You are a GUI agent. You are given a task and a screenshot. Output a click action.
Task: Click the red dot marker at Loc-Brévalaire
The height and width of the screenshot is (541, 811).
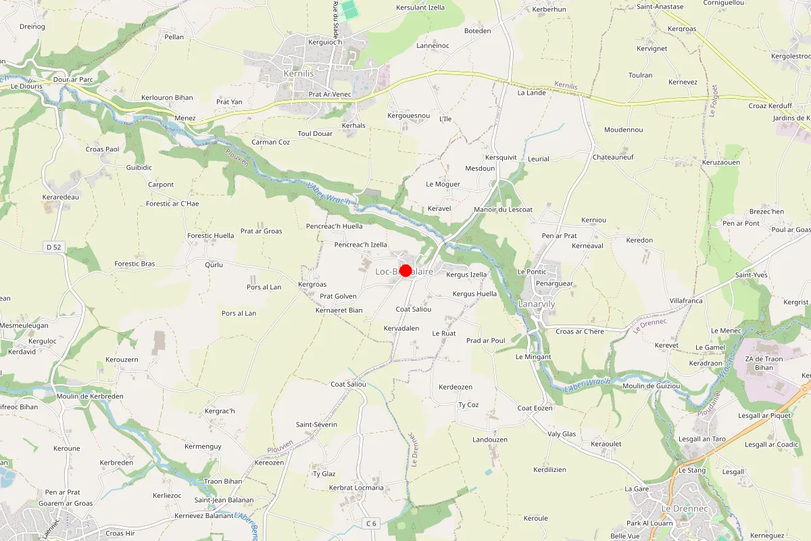click(x=405, y=270)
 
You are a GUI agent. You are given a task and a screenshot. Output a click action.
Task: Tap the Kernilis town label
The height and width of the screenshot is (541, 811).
click(x=299, y=73)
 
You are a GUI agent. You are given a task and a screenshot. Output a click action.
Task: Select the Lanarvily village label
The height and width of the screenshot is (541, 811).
click(x=536, y=304)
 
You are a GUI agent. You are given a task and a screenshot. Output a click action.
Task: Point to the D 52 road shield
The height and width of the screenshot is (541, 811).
click(x=54, y=248)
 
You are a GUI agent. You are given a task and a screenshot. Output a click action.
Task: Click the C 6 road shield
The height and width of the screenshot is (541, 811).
click(x=370, y=523)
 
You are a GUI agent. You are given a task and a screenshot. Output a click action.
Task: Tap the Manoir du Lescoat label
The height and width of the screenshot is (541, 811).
click(x=503, y=210)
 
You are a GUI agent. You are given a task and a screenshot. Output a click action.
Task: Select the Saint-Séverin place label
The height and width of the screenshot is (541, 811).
click(x=316, y=425)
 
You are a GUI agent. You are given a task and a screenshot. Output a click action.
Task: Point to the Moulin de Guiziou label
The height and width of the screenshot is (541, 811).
click(x=652, y=386)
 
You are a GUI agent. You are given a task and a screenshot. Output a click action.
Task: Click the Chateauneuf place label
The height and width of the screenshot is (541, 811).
click(x=613, y=157)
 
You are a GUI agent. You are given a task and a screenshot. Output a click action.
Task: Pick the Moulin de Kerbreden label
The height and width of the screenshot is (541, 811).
click(x=91, y=396)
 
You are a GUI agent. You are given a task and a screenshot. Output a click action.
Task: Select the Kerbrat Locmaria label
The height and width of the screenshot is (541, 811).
click(x=356, y=488)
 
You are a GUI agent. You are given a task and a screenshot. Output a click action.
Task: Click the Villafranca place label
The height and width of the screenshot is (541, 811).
click(x=686, y=301)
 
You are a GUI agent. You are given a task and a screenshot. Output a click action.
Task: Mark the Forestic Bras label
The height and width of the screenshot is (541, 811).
click(x=134, y=264)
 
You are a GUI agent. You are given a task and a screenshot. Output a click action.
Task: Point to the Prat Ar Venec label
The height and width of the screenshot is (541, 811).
click(x=330, y=94)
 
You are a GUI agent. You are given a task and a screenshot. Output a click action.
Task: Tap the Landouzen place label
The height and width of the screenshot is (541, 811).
click(x=489, y=440)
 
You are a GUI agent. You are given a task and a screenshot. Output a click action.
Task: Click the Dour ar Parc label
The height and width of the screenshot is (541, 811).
click(x=72, y=79)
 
